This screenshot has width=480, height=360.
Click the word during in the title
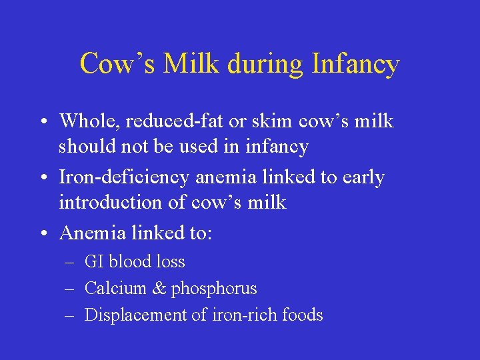click(x=265, y=64)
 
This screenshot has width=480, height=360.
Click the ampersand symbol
click(x=159, y=289)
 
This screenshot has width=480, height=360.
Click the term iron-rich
click(x=245, y=315)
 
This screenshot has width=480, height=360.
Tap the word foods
click(x=303, y=315)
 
